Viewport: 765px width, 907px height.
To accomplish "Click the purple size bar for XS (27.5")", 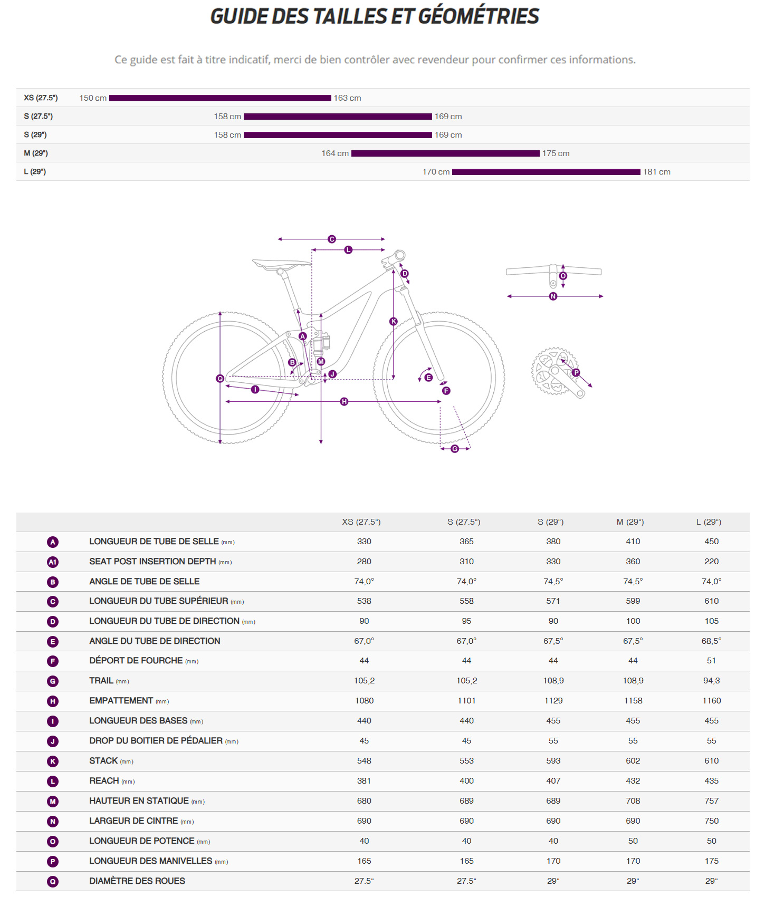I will [x=220, y=98].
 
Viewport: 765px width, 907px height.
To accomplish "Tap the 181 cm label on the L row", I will [x=656, y=172].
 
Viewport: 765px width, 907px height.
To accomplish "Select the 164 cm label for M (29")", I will [x=335, y=153].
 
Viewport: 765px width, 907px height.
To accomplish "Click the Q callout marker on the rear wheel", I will [x=220, y=379].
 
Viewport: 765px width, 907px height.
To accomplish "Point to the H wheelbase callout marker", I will [x=344, y=402].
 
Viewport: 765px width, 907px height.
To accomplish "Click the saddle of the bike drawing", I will [x=281, y=264].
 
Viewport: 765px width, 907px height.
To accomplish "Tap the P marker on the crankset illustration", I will [x=576, y=373].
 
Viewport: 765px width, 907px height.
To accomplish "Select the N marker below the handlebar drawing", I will [x=553, y=296].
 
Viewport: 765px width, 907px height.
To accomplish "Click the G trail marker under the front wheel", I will [x=455, y=449].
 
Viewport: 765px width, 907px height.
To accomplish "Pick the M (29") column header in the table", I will [x=630, y=522].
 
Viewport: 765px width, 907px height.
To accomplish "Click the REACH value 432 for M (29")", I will [x=633, y=781].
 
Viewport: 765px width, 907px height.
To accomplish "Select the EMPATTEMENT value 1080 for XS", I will [x=364, y=701].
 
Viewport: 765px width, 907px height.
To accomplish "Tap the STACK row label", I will [x=104, y=761].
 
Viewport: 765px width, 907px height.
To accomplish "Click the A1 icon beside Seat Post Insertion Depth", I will [x=53, y=562].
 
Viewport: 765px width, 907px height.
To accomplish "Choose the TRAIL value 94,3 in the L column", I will [x=711, y=681].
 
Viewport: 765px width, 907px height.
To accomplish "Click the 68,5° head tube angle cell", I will [x=711, y=641].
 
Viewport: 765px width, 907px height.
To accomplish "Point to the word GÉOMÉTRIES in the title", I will [x=479, y=16].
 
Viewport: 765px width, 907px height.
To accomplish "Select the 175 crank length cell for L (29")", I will [x=711, y=861].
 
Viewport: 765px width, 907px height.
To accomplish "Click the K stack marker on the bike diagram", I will [x=393, y=322].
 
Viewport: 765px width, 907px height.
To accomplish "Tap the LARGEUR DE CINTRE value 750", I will [x=711, y=821].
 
